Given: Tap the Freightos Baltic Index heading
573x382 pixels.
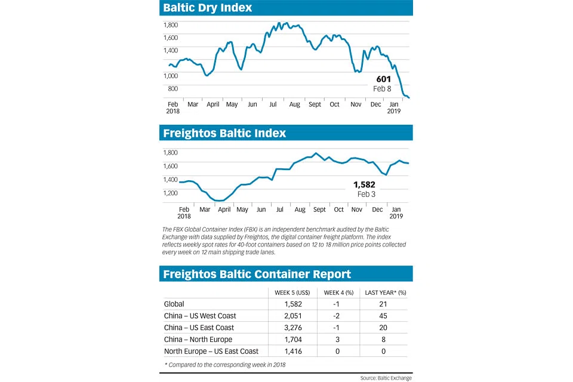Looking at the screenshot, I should click(x=224, y=133).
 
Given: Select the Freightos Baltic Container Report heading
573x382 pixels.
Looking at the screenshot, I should click(x=257, y=274).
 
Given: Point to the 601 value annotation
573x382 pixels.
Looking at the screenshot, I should click(x=383, y=79).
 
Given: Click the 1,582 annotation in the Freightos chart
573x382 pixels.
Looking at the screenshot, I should click(x=364, y=184).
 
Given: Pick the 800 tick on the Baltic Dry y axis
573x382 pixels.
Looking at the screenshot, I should click(x=172, y=89).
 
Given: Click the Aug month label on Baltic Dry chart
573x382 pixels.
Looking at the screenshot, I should click(x=294, y=104).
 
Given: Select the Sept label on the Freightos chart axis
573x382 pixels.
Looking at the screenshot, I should click(x=319, y=210).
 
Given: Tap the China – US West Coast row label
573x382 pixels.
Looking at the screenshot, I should click(x=200, y=316).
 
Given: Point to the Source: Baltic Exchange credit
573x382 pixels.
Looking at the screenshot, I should click(x=386, y=378).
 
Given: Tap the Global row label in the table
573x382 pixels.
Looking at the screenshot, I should click(x=174, y=304).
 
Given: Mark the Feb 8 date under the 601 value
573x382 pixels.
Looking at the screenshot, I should click(x=383, y=89).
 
